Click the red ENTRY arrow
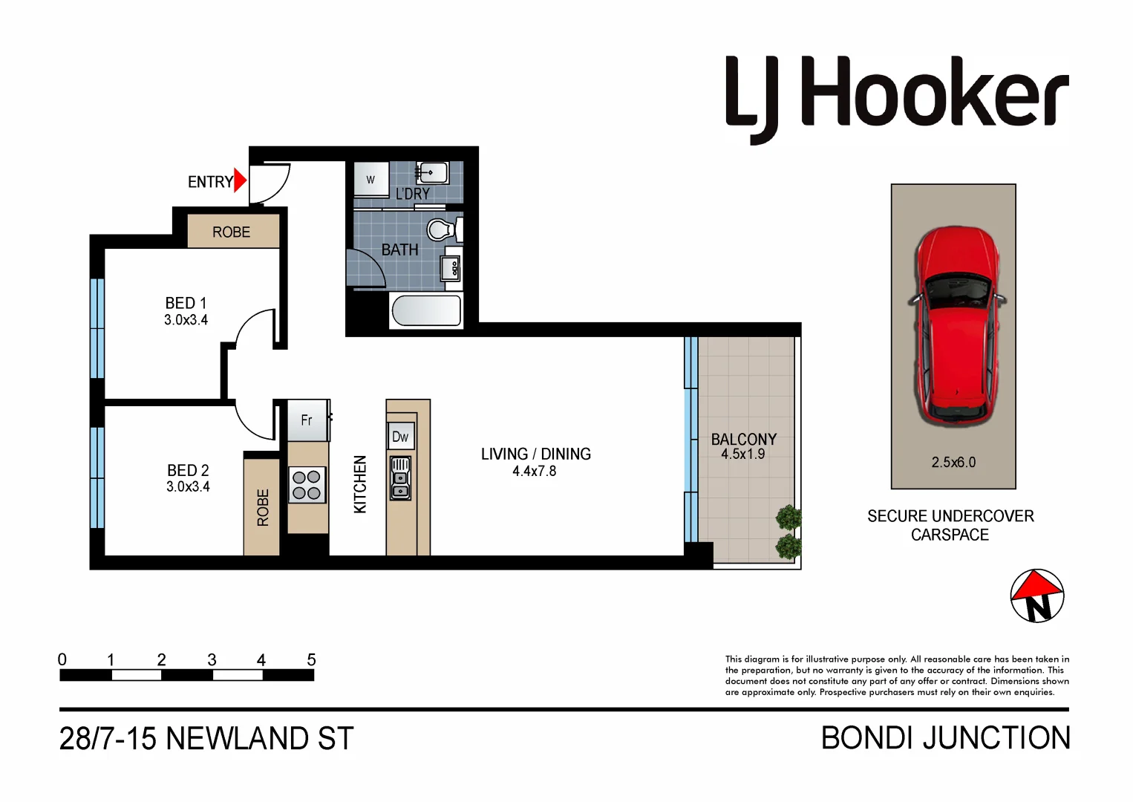240,180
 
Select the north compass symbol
1037,596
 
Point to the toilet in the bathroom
443,229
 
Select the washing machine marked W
370,180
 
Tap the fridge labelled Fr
307,420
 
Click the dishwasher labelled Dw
400,437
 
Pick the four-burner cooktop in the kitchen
307,485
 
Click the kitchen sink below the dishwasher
400,477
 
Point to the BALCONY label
743,440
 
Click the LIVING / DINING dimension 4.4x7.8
534,471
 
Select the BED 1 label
186,303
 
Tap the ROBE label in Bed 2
262,507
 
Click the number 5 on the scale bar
311,659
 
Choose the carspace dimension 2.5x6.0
953,462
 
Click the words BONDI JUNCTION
945,738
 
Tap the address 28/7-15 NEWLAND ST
206,739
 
